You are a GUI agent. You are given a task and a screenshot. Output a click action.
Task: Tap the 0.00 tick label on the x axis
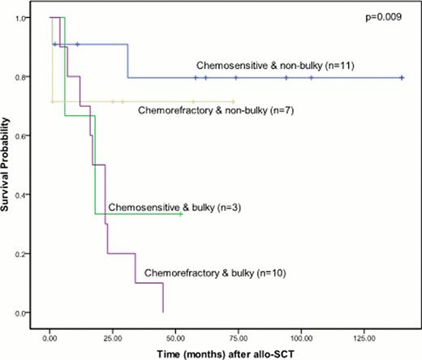[x=50, y=333]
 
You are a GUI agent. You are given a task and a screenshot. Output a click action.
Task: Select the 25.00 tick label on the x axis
[x=113, y=333]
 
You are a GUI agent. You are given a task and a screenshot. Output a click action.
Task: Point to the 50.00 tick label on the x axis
[x=175, y=333]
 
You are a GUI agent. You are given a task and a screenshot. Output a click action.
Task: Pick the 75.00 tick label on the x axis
[x=238, y=333]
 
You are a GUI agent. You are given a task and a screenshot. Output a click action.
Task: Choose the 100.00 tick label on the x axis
[x=301, y=333]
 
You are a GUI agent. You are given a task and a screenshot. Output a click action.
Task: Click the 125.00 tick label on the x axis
[x=364, y=333]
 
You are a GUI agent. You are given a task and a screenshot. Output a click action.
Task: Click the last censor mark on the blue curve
[x=403, y=78]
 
